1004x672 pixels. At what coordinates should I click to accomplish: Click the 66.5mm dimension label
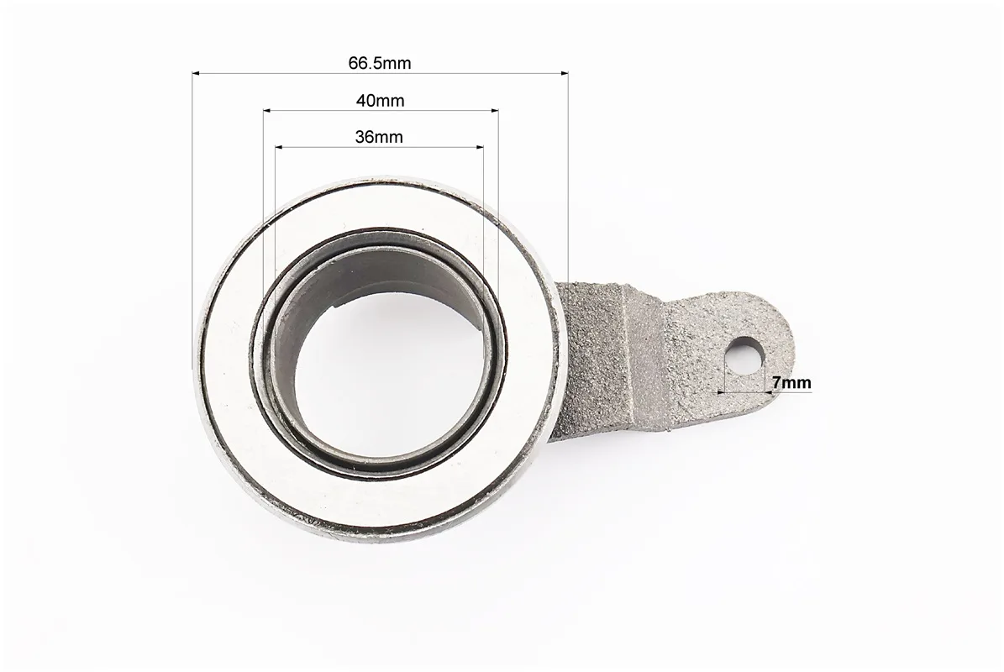coord(380,63)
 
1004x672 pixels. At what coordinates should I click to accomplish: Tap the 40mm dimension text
coord(381,101)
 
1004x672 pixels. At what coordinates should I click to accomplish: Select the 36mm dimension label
coord(379,137)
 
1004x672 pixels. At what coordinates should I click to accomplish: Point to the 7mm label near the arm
coord(791,383)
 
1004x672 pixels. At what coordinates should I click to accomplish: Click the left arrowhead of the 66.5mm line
coord(196,74)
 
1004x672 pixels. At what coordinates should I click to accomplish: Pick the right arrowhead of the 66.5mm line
coord(564,74)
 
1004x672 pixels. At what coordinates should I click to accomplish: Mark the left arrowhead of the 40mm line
coord(268,111)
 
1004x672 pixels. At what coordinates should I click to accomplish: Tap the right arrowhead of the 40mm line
coord(494,111)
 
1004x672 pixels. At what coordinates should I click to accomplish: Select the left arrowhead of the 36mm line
coord(279,147)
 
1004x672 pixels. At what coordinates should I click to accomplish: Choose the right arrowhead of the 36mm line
coord(479,147)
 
